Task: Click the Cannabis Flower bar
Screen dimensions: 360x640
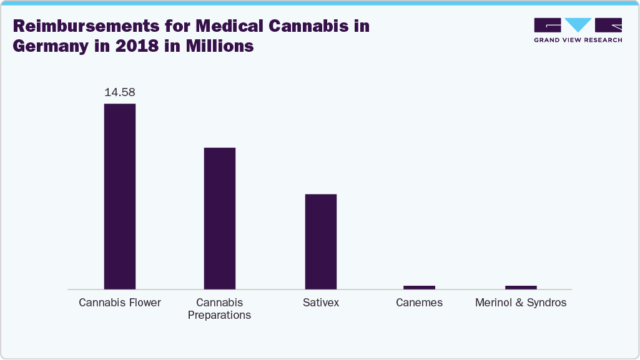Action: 119,196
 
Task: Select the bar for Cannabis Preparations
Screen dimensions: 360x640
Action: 219,218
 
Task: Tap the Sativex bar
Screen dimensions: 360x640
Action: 320,241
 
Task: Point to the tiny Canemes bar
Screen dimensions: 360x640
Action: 419,287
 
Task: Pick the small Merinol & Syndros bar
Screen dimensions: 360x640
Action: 521,287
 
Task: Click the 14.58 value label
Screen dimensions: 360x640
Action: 119,92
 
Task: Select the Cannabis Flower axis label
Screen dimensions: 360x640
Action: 120,303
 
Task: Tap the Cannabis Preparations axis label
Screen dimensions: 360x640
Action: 219,309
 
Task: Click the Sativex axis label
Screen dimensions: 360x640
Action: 320,303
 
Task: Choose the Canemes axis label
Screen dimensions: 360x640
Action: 419,303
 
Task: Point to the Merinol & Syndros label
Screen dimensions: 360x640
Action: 521,303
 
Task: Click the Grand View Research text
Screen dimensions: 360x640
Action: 578,40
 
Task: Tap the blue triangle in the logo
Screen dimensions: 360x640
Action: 578,25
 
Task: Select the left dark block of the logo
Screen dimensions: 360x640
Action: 548,25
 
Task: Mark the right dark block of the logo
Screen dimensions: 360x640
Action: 608,25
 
